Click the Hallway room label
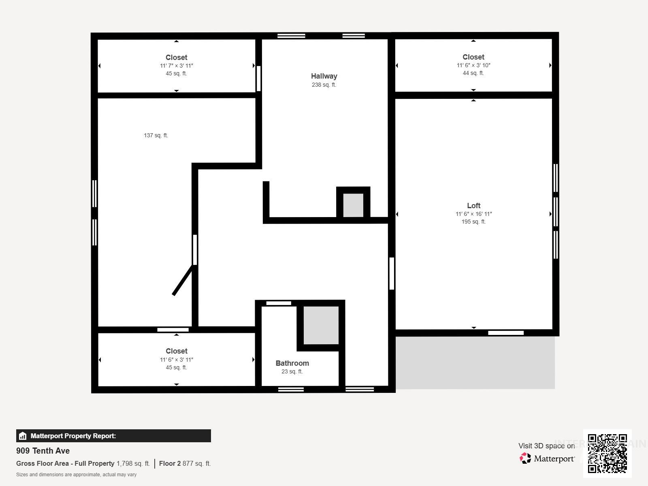324,76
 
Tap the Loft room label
473,206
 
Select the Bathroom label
292,363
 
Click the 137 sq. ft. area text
156,135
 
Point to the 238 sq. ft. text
324,85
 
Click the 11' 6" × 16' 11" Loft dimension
473,214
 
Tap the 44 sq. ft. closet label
473,73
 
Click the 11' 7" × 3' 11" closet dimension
176,66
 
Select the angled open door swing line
183,280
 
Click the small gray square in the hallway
353,205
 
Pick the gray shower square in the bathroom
321,325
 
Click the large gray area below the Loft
475,362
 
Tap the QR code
607,453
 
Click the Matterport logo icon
526,458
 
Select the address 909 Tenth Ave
43,451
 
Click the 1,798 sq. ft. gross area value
133,463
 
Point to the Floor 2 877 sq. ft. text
185,463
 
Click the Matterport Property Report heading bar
113,436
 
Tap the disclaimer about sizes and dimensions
76,475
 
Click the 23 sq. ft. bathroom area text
292,371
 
